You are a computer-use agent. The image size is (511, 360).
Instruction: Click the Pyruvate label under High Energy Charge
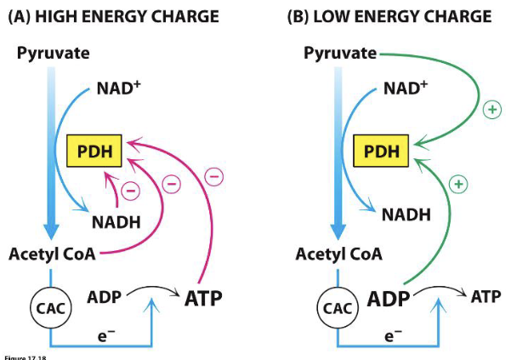(x=50, y=54)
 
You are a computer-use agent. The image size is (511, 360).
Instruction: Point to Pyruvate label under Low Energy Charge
(x=340, y=54)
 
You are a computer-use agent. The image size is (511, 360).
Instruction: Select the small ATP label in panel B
(x=485, y=296)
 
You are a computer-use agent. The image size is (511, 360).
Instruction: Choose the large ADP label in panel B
(x=388, y=299)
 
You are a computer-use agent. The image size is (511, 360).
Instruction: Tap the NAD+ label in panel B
(x=407, y=89)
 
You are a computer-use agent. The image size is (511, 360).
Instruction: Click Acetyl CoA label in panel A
(x=51, y=254)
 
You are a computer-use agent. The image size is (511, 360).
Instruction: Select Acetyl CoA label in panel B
(x=338, y=254)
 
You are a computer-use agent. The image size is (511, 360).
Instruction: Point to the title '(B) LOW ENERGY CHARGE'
(x=392, y=17)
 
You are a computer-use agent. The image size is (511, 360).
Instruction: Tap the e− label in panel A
(x=104, y=335)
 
